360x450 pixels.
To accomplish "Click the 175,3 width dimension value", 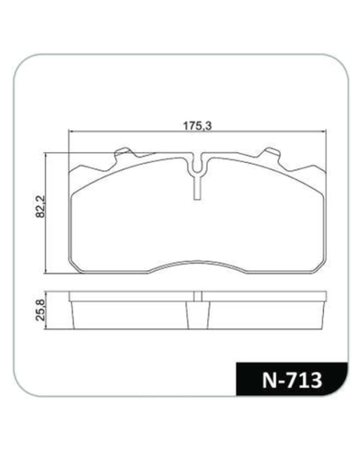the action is coord(197,126).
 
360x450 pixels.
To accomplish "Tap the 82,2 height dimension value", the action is coord(40,206).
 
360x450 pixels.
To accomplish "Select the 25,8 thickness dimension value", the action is coord(40,310).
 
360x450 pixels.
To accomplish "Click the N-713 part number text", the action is coord(292,381).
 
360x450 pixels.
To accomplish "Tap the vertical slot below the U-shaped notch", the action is coord(197,188).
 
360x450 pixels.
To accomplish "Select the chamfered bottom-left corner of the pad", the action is coord(75,266).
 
